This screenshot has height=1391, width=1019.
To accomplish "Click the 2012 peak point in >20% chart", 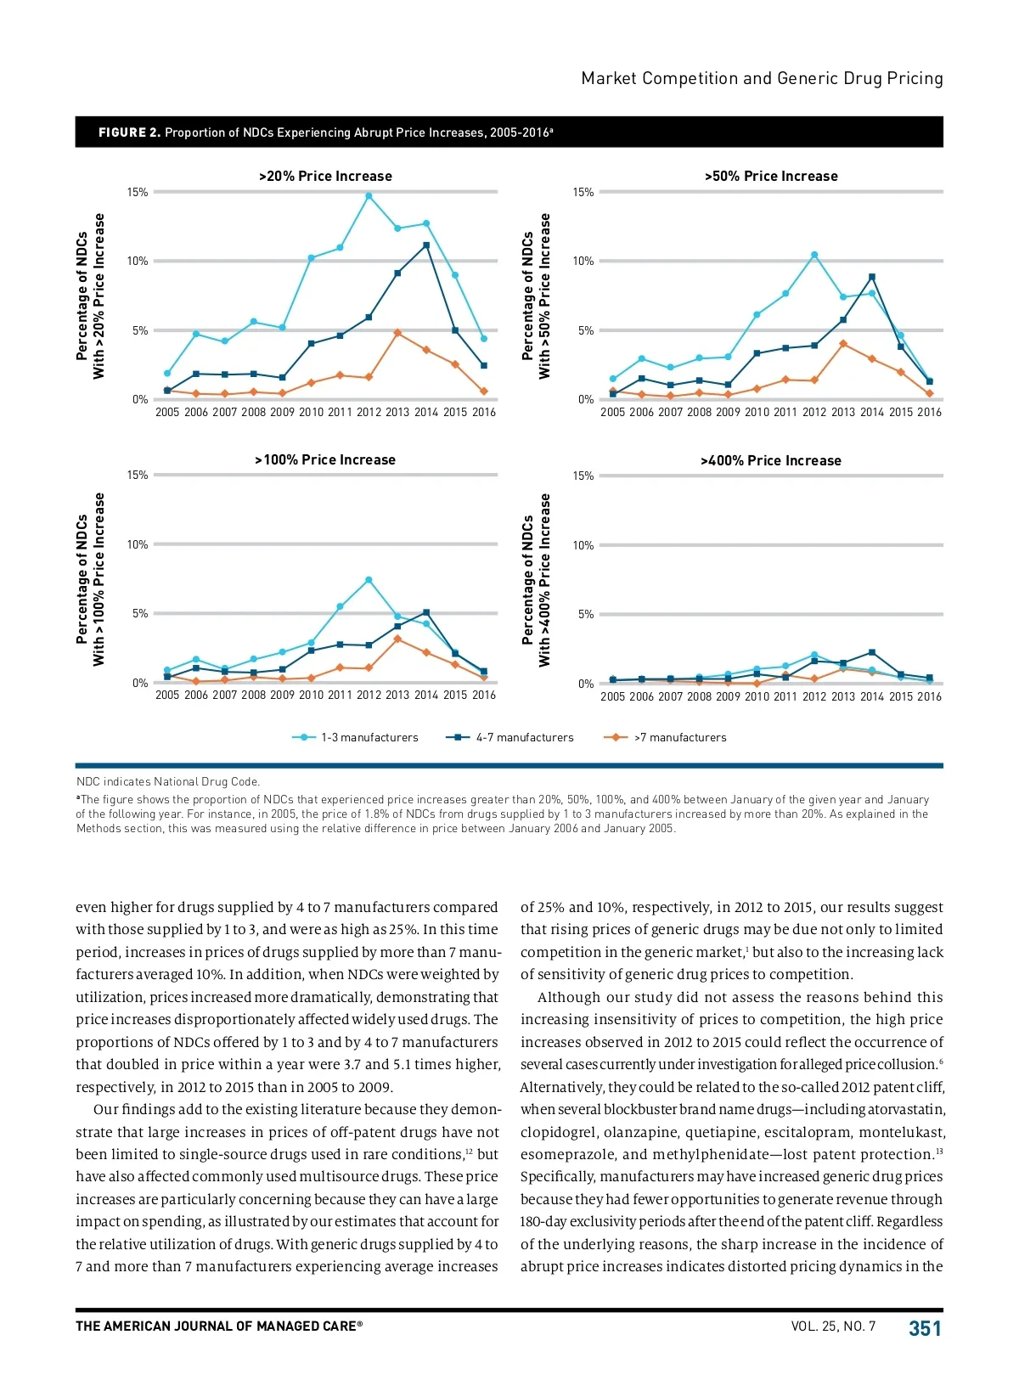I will coord(369,196).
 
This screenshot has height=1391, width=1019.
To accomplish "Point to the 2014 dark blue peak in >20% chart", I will coord(426,245).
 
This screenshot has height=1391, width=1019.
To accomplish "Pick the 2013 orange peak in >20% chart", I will coord(397,333).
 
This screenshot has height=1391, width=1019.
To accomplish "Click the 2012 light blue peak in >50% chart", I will coord(814,255).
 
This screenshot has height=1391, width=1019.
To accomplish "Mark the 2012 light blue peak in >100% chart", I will coord(369,580).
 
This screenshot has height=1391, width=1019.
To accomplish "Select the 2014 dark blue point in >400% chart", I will coord(872,652).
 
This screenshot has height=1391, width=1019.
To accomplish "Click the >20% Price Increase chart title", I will coord(325,176).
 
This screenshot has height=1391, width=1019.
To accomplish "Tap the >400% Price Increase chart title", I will coord(770,460).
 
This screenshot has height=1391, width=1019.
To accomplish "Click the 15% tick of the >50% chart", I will coord(583,193).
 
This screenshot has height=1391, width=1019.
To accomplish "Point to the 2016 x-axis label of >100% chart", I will coord(484,695).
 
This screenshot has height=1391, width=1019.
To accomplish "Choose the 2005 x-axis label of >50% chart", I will coord(612,412).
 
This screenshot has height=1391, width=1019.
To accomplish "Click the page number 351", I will coord(925,1328).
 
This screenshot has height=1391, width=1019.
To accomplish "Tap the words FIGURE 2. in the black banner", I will coord(129,132).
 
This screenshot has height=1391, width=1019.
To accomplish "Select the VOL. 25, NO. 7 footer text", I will coord(833,1326).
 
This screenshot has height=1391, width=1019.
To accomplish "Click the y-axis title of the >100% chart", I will coord(90,579).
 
